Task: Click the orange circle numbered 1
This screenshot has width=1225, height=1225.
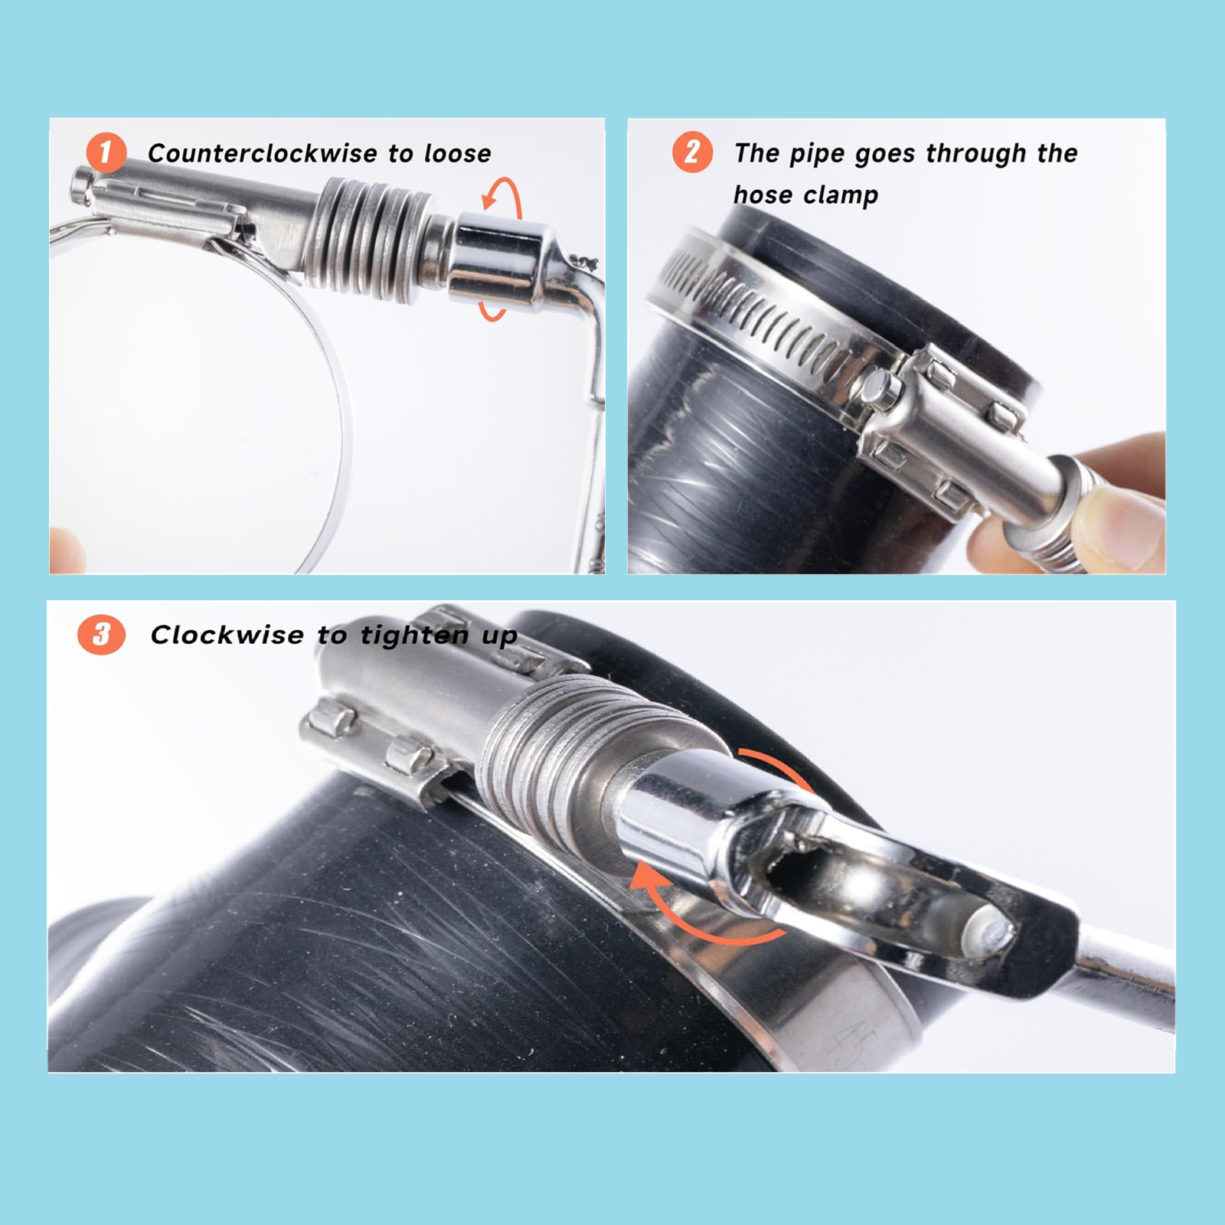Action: pos(106,152)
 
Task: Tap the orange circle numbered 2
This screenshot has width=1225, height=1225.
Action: pos(692,152)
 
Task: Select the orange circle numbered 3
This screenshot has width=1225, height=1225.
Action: pos(101,635)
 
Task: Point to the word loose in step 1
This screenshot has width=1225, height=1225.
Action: pos(457,153)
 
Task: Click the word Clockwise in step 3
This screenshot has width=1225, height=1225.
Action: pos(227,635)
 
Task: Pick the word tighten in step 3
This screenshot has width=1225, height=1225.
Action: pos(414,635)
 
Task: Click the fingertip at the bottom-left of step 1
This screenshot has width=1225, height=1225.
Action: pos(67,550)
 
